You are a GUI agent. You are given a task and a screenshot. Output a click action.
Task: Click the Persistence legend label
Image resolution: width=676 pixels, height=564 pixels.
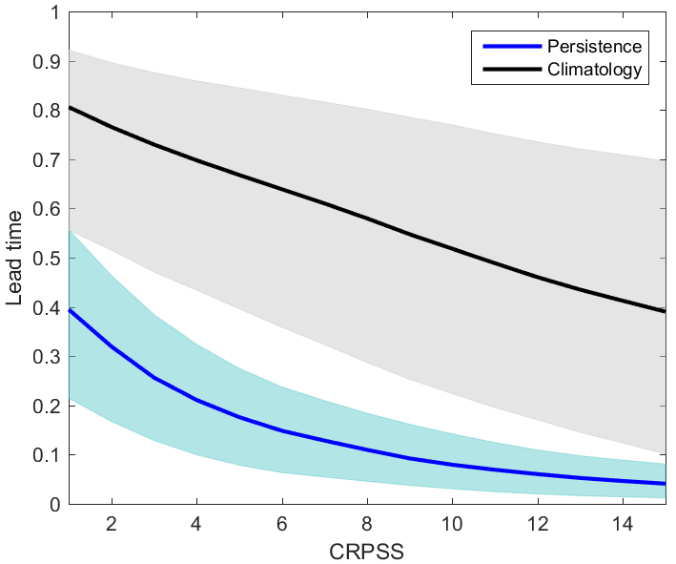click(595, 46)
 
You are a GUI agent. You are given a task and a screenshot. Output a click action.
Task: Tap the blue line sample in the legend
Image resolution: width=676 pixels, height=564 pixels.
click(510, 46)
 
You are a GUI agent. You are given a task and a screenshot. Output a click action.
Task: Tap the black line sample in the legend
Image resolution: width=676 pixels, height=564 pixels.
click(510, 69)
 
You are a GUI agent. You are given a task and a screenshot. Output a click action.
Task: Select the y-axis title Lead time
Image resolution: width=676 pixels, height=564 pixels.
click(15, 259)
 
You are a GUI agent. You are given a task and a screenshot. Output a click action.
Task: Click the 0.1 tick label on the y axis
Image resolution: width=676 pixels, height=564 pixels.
click(48, 455)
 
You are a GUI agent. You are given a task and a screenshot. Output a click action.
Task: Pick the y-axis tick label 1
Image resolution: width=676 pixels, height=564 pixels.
click(54, 13)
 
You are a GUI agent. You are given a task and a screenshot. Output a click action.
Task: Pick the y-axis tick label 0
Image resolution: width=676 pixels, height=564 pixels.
click(54, 504)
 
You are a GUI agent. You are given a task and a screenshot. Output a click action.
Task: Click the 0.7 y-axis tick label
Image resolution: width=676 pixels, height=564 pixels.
click(48, 160)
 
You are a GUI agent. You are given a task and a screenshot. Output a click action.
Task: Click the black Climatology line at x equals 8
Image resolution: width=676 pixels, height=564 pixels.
click(367, 218)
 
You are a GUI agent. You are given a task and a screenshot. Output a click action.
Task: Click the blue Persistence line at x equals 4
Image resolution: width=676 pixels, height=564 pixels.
click(197, 400)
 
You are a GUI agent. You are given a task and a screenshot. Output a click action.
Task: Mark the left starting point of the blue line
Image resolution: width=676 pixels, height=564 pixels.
click(70, 309)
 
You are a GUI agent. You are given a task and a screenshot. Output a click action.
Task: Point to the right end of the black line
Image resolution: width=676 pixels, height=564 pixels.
click(665, 311)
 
